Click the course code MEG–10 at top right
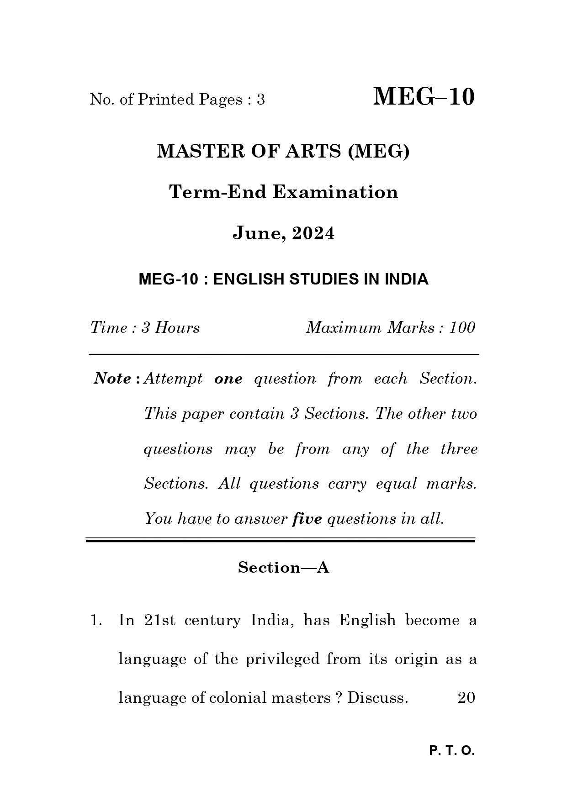pos(424,97)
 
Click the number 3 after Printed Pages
pos(260,100)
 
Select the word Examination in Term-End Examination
pos(335,192)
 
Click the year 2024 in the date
pos(313,233)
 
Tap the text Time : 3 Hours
pos(145,327)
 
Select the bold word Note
pos(112,379)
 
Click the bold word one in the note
pos(228,379)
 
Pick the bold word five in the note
pos(307,519)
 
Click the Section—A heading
pos(283,568)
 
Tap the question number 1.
pos(95,620)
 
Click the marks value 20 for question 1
pos(466,698)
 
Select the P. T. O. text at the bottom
pos(452,751)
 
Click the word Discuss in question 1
pos(377,698)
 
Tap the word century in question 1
pos(212,621)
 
